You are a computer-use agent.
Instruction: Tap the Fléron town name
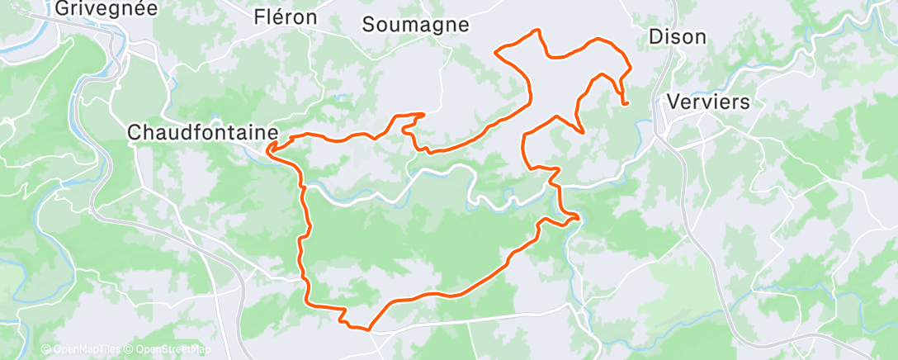coord(286,18)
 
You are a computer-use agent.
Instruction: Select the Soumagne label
coord(415,25)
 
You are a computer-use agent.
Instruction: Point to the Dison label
coord(678,37)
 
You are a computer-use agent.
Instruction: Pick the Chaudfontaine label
coord(201,131)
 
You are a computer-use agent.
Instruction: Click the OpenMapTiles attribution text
coord(87,349)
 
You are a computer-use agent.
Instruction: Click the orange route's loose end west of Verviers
coord(627,104)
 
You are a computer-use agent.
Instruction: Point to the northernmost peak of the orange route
coord(539,31)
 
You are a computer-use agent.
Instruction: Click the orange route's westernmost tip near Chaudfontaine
coord(267,149)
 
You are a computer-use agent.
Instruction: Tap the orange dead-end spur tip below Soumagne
coord(423,114)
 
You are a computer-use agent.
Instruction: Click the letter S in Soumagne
coord(368,25)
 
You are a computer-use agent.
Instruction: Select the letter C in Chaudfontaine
coord(135,131)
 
